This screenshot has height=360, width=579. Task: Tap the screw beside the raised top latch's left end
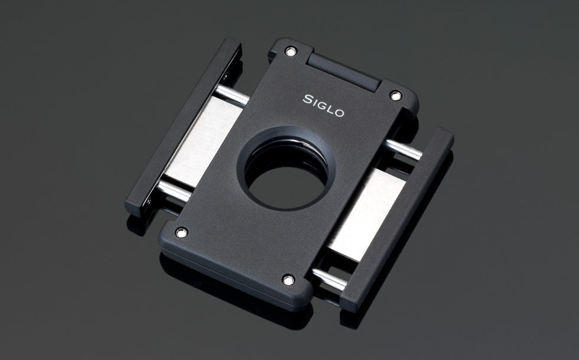(289, 51)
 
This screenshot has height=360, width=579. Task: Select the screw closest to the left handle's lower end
(181, 232)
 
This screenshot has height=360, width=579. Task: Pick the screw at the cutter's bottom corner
(289, 279)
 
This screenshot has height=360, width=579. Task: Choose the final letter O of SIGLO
(339, 112)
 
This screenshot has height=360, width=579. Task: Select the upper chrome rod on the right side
(405, 149)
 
